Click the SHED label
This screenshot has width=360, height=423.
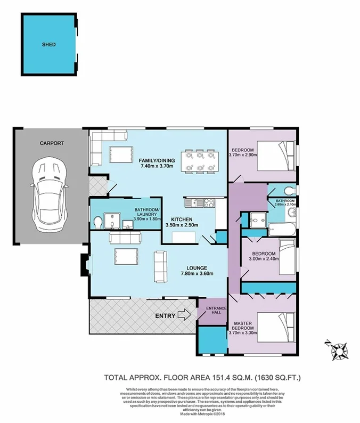49,45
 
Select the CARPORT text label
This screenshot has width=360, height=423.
51,143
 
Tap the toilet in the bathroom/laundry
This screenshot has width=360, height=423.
98,222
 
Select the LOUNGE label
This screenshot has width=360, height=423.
196,267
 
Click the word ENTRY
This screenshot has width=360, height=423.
165,316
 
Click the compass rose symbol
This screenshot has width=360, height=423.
338,351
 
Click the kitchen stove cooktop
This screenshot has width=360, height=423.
208,202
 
